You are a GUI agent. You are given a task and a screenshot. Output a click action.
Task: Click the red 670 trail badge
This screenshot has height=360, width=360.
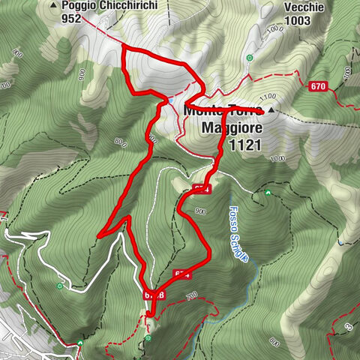(318, 87)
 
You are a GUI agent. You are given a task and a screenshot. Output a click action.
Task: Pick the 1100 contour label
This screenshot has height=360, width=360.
(267, 98)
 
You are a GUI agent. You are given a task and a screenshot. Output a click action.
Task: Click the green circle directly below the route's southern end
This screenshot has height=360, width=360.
(148, 338)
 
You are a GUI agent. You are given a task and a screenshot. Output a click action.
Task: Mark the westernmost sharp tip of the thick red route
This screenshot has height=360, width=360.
(98, 236)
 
